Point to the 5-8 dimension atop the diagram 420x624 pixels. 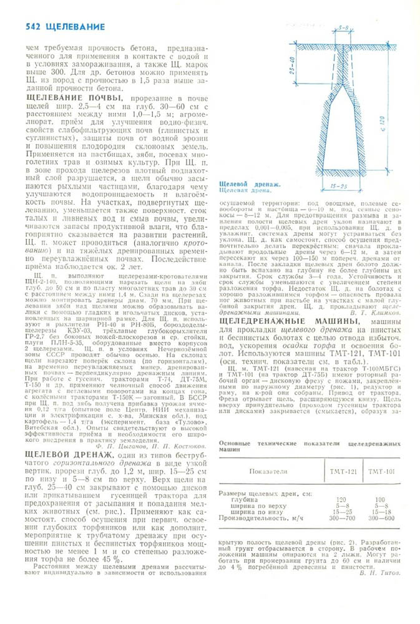coord(343,28)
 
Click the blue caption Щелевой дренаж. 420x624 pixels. coord(250,184)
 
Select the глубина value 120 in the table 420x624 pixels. coord(341,499)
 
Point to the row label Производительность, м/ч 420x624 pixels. coord(261,518)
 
